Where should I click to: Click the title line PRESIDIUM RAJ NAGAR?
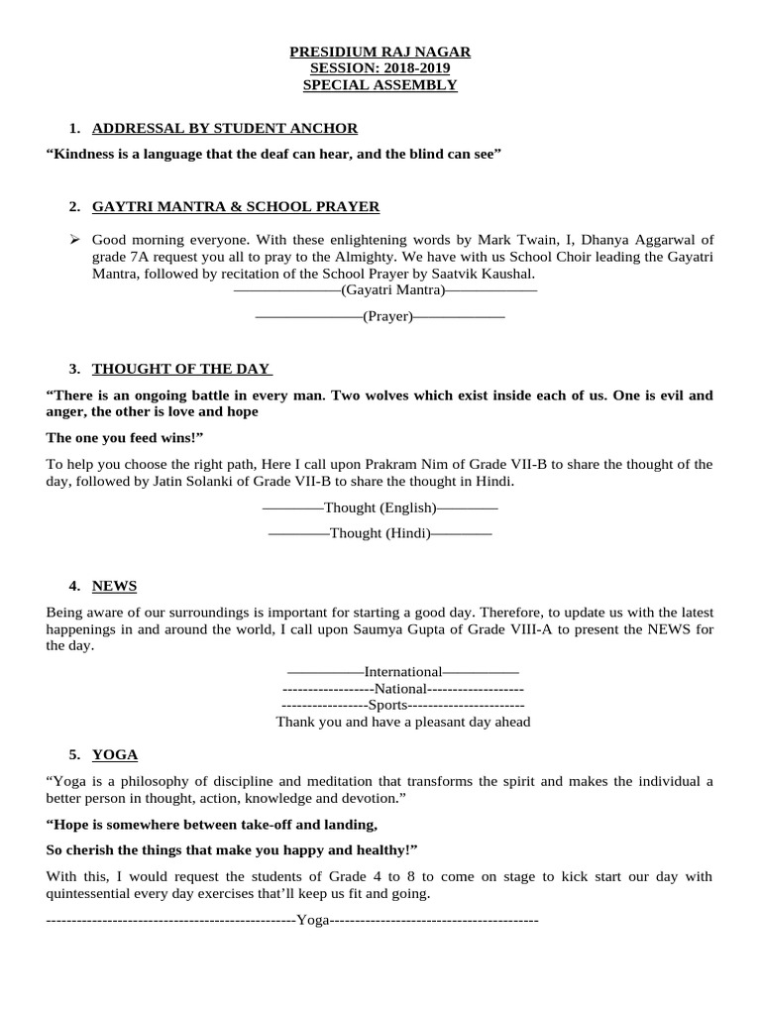click(x=380, y=52)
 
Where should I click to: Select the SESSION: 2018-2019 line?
click(x=380, y=68)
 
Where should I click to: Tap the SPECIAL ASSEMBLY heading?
click(x=380, y=85)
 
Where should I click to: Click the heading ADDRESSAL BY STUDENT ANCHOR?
click(x=225, y=129)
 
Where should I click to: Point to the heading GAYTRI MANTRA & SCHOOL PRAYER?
click(x=236, y=207)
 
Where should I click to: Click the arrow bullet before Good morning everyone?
click(x=74, y=240)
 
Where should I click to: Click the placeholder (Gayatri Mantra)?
click(x=392, y=290)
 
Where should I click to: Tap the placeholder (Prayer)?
click(x=387, y=316)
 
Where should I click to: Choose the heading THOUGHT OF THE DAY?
click(x=181, y=370)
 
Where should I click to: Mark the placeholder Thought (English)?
click(x=380, y=507)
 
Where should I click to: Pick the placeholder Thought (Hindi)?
click(x=380, y=533)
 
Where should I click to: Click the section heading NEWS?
click(x=114, y=586)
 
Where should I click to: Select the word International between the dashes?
click(x=402, y=672)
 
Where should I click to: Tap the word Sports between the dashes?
click(x=387, y=705)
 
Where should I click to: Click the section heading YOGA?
click(x=115, y=755)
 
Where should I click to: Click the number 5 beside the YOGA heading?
click(x=74, y=755)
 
